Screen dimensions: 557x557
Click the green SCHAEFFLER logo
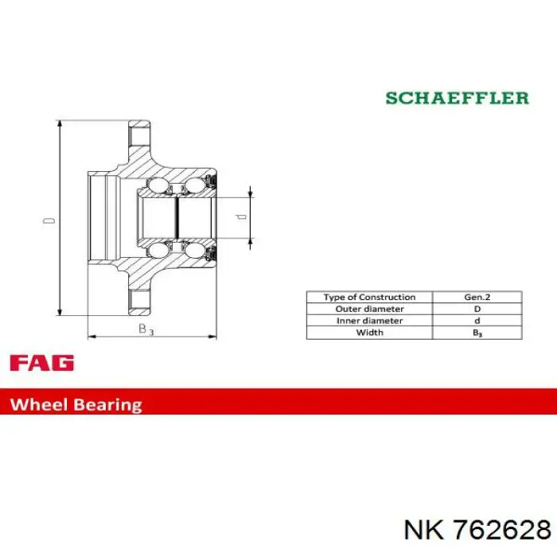point(458,98)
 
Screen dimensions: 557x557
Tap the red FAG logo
point(42,363)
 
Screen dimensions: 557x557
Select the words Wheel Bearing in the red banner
point(76,405)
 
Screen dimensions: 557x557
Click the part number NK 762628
point(477,530)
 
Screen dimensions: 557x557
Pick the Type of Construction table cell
point(369,297)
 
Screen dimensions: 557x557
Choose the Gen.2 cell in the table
point(477,297)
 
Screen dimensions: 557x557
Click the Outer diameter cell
point(369,309)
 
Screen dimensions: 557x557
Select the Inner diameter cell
point(369,321)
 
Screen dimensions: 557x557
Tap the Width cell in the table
point(369,333)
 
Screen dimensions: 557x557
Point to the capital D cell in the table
point(477,309)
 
